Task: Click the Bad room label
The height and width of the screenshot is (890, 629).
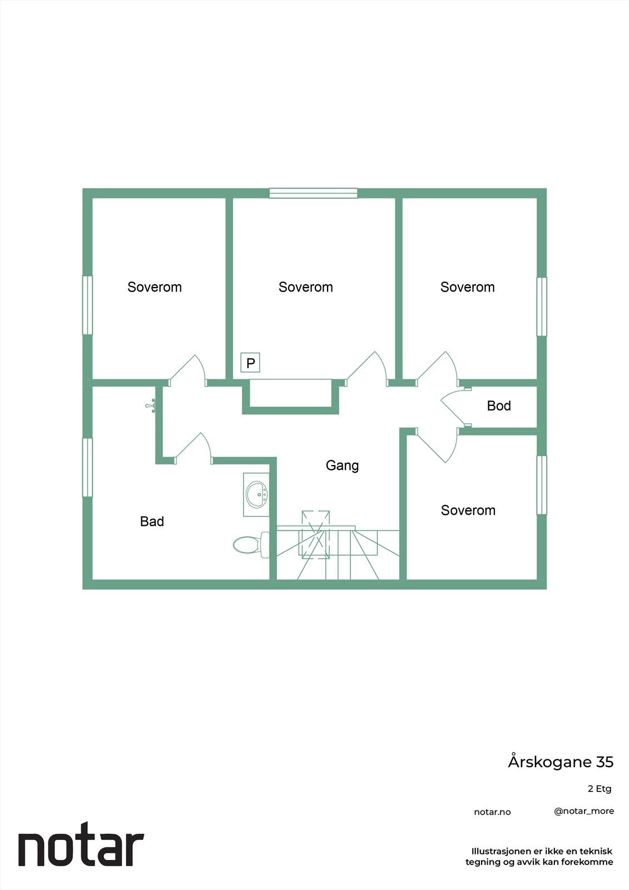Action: pos(152,521)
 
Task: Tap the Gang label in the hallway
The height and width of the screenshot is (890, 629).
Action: pos(342,465)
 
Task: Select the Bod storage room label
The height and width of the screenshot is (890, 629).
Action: pos(499,406)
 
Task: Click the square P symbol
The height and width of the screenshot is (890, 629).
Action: pos(250,363)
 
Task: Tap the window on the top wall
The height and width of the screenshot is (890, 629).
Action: pos(313,193)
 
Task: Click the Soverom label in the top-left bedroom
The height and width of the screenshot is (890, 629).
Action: pos(155,287)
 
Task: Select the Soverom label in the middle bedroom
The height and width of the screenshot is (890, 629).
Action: pos(306,287)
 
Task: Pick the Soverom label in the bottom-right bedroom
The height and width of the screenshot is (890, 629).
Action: pos(468,510)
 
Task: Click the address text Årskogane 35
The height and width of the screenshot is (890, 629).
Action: pos(561,762)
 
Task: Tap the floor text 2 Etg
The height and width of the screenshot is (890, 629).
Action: pos(600,789)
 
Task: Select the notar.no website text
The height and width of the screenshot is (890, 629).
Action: pos(492,812)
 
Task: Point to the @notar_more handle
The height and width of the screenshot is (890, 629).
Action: pos(584,811)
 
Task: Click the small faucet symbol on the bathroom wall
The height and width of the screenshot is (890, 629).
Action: pos(150,405)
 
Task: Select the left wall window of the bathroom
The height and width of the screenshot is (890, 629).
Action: pos(87,467)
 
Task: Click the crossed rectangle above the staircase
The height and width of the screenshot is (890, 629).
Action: pos(315,534)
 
